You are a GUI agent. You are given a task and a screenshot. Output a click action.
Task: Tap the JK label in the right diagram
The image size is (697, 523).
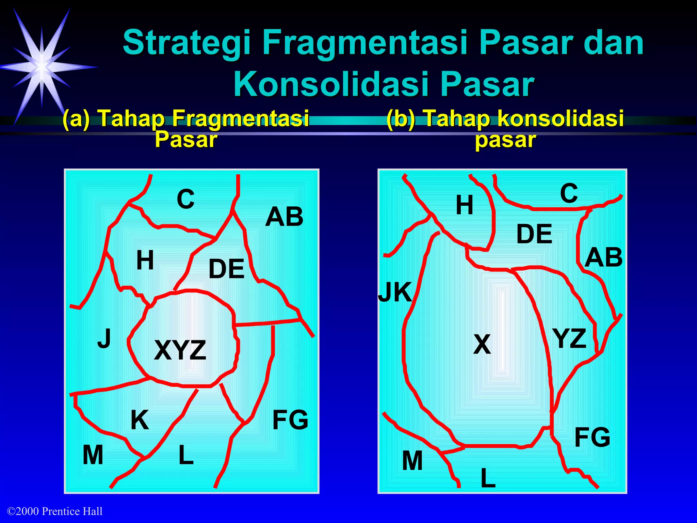click(395, 292)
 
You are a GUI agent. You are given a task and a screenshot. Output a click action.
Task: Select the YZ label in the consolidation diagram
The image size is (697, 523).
click(569, 338)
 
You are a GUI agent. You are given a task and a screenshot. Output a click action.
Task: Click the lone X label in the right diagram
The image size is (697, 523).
click(482, 344)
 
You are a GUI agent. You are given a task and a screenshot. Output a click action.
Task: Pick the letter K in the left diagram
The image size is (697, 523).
click(140, 420)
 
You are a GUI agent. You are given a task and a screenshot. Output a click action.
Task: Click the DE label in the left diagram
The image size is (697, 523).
click(226, 269)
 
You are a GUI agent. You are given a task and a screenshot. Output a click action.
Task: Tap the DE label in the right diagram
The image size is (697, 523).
click(534, 234)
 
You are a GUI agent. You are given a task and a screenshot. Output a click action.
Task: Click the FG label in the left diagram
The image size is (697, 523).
click(290, 420)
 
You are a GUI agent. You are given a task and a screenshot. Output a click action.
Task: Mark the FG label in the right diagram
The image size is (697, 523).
click(592, 437)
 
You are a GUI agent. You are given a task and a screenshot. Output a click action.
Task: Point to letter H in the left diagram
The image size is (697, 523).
click(145, 260)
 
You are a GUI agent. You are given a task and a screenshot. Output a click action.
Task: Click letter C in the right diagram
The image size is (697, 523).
click(569, 193)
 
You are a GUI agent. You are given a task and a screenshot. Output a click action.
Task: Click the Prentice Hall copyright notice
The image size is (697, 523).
click(55, 511)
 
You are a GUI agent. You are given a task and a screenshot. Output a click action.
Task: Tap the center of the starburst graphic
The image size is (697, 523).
click(42, 67)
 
